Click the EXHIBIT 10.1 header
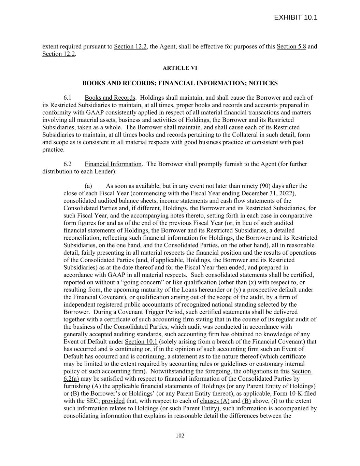296,17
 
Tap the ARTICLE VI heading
180,68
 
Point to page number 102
180,435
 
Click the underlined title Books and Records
110,98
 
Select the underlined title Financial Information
113,164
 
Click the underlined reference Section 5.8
291,46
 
